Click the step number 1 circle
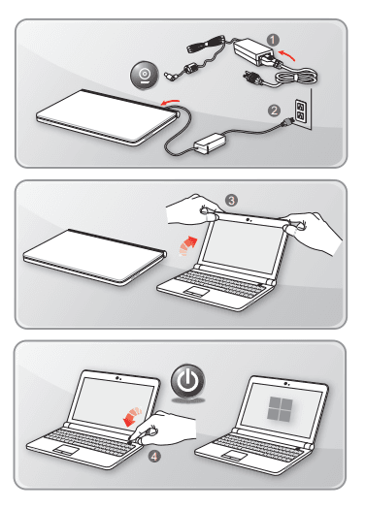[273, 40]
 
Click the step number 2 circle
[274, 111]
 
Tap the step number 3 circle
[231, 201]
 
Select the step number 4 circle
[154, 457]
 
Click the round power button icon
[188, 381]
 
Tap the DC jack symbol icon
[145, 76]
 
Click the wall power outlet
[300, 110]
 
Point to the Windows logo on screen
[280, 408]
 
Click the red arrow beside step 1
[287, 54]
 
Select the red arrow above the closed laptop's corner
[170, 102]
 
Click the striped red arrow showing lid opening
[188, 245]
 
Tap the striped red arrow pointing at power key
[133, 416]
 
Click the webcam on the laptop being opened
[249, 220]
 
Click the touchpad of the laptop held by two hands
[196, 291]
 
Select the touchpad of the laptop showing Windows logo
[234, 456]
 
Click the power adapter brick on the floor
[210, 143]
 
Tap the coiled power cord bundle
[295, 77]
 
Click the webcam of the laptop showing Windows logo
[285, 384]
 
